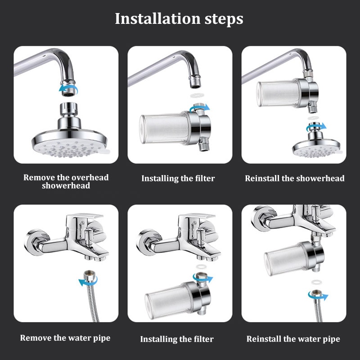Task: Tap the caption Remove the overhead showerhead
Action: pyautogui.click(x=66, y=181)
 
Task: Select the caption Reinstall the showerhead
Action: pyautogui.click(x=294, y=178)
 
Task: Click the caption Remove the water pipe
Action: pyautogui.click(x=65, y=337)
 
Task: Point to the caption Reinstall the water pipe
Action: pyautogui.click(x=293, y=338)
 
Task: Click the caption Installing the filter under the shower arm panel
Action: pyautogui.click(x=178, y=178)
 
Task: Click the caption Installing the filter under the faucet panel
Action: pyautogui.click(x=177, y=339)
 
